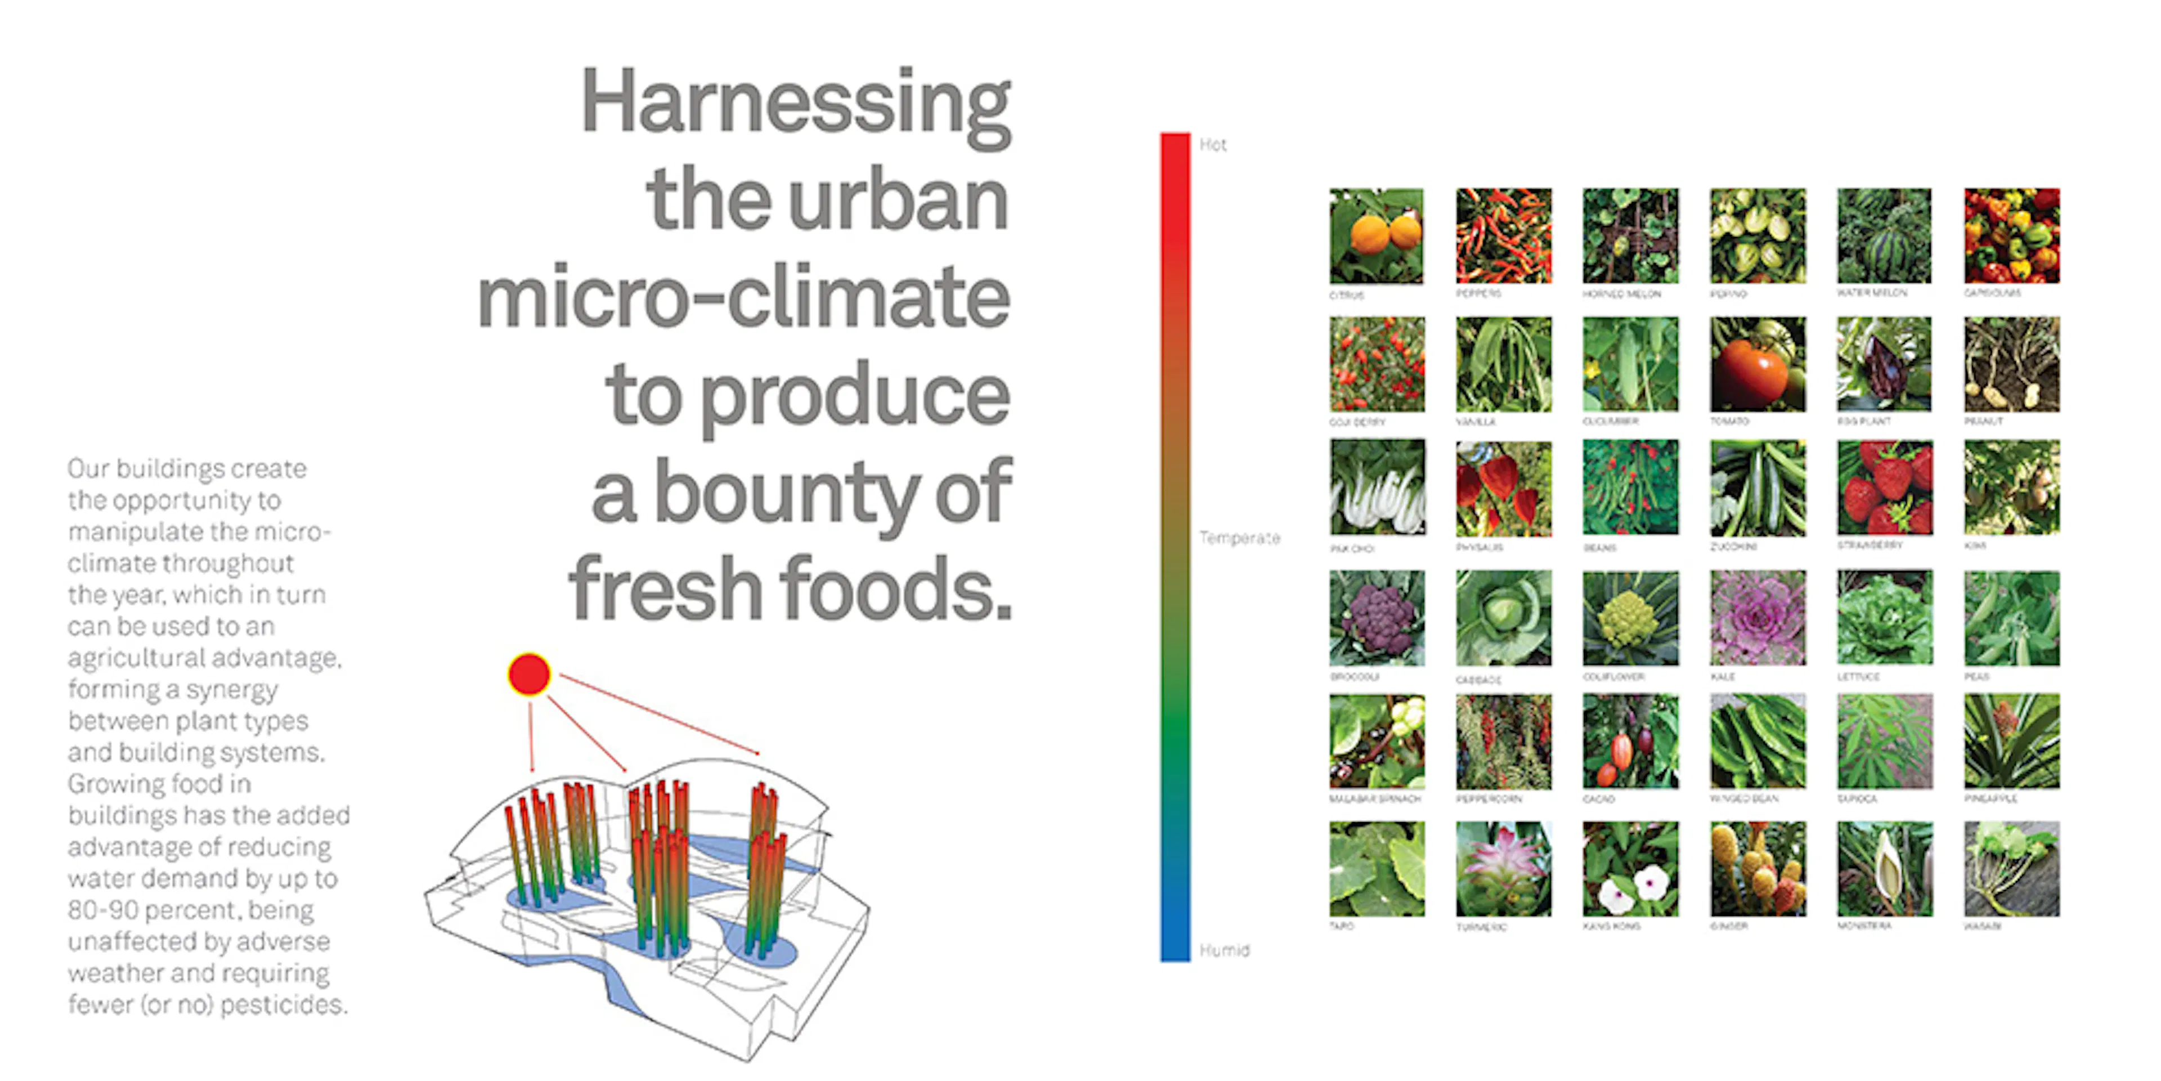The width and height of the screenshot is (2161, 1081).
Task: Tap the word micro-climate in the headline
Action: (x=743, y=297)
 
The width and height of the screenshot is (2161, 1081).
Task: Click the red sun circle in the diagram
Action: (x=528, y=674)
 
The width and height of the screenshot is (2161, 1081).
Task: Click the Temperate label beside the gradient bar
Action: (x=1239, y=538)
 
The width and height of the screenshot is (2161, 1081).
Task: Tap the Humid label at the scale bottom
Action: (x=1224, y=950)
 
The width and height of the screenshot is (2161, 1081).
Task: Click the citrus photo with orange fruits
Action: (x=1377, y=236)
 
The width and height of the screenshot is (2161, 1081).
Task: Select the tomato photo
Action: (x=1758, y=364)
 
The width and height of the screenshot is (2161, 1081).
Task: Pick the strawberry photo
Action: (x=1884, y=488)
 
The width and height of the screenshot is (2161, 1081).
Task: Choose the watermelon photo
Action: (x=1884, y=236)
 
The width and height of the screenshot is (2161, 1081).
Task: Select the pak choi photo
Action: (x=1377, y=488)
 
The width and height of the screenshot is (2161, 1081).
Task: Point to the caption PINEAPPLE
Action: (x=1990, y=798)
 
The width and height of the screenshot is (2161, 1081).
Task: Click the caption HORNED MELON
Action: (x=1621, y=294)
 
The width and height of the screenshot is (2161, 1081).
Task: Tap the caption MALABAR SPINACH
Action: (x=1375, y=799)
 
